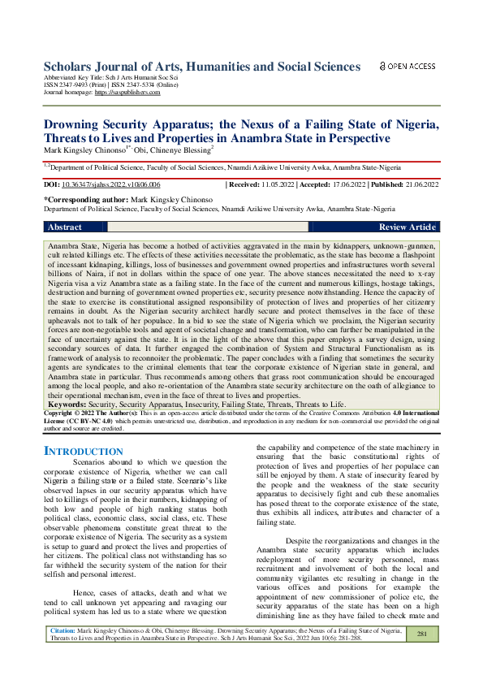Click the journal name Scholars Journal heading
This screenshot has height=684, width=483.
tap(201, 67)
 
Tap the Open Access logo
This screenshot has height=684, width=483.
tap(408, 66)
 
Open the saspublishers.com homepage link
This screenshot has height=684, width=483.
tap(127, 93)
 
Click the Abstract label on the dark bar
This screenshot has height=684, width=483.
tap(65, 227)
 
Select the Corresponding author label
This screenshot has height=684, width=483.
tap(87, 199)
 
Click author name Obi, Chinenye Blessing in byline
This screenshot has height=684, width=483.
tap(169, 149)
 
